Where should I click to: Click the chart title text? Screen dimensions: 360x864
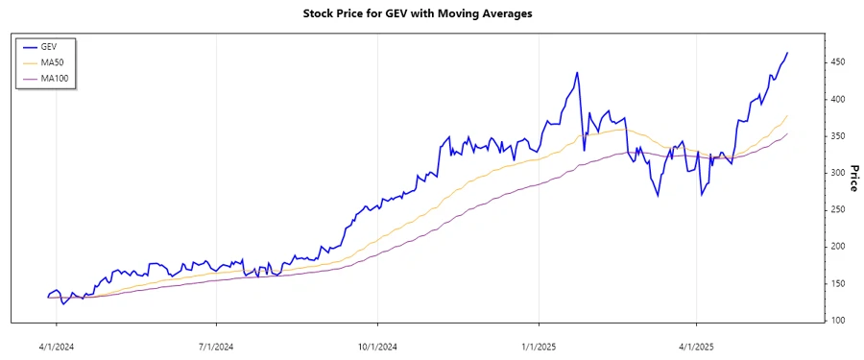pyautogui.click(x=431, y=14)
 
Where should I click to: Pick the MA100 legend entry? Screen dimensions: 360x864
pyautogui.click(x=54, y=79)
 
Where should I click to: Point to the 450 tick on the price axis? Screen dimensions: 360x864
pyautogui.click(x=838, y=62)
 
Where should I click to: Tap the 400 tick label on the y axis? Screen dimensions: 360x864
pyautogui.click(x=838, y=100)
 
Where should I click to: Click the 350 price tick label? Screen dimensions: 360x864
pyautogui.click(x=838, y=136)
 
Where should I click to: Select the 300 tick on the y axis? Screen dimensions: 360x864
pyautogui.click(x=838, y=173)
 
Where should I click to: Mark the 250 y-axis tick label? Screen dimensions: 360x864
pyautogui.click(x=838, y=210)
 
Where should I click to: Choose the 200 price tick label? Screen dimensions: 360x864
pyautogui.click(x=838, y=247)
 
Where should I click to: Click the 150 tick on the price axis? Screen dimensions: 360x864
pyautogui.click(x=838, y=283)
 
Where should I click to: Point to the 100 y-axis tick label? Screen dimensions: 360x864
pyautogui.click(x=838, y=321)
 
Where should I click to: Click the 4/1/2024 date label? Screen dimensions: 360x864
pyautogui.click(x=57, y=343)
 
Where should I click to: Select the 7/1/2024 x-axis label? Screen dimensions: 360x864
pyautogui.click(x=216, y=343)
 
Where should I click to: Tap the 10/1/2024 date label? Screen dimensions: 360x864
pyautogui.click(x=377, y=343)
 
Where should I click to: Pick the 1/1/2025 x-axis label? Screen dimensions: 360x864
pyautogui.click(x=539, y=343)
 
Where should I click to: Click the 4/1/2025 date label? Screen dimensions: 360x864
pyautogui.click(x=696, y=343)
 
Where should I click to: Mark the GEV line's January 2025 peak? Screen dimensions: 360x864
pyautogui.click(x=577, y=72)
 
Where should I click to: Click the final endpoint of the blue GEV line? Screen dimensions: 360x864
pyautogui.click(x=787, y=53)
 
